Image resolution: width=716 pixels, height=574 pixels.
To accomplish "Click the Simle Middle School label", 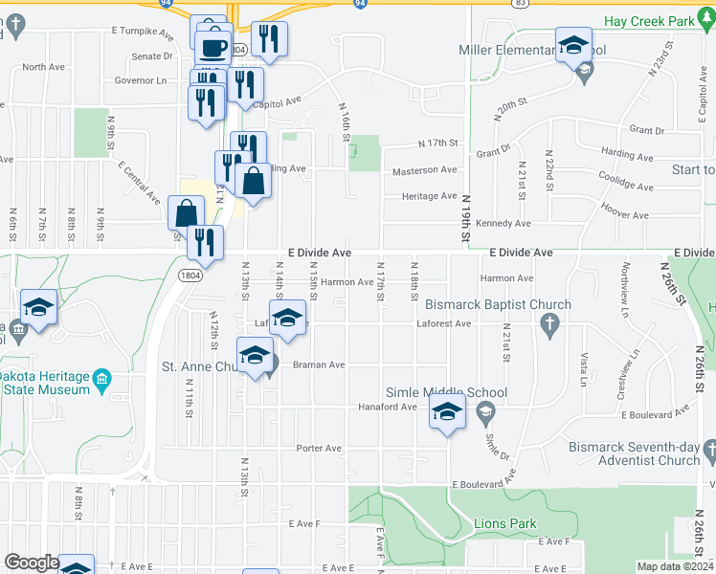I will coord(446,393).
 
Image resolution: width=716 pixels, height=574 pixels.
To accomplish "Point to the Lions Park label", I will coord(504,523).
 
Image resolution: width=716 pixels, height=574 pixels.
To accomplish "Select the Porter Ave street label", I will coord(319,448).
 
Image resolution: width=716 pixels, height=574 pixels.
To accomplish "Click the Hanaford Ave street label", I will coord(394,407).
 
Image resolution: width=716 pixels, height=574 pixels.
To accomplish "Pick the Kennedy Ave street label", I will coord(507,224).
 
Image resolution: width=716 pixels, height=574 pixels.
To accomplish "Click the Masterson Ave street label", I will coord(425,170).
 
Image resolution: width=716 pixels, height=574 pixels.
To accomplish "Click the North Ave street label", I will coord(42,67).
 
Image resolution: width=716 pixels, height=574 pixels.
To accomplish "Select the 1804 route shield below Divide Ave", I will coord(190,274).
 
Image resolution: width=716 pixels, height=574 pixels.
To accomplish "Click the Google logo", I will coord(31,563).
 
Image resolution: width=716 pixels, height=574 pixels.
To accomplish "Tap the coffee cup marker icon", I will coord(213,46).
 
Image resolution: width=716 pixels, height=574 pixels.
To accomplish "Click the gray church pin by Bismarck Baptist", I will coord(549,328).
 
